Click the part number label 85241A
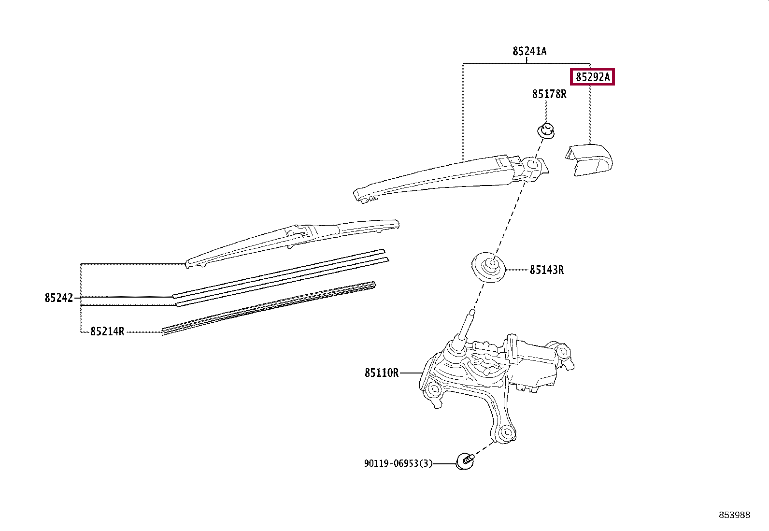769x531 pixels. (x=529, y=51)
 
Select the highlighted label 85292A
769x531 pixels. (x=593, y=77)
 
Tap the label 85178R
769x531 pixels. (x=549, y=94)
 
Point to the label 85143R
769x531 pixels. (x=546, y=270)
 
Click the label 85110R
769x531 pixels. (x=382, y=373)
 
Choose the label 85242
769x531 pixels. (x=59, y=298)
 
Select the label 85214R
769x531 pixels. (x=107, y=332)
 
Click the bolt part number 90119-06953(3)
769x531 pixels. (x=398, y=464)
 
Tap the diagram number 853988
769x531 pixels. (x=734, y=515)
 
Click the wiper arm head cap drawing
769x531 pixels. (x=590, y=159)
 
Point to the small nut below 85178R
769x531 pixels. (x=546, y=130)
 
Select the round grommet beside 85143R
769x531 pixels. (x=489, y=267)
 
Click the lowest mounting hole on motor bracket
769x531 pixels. (x=506, y=433)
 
